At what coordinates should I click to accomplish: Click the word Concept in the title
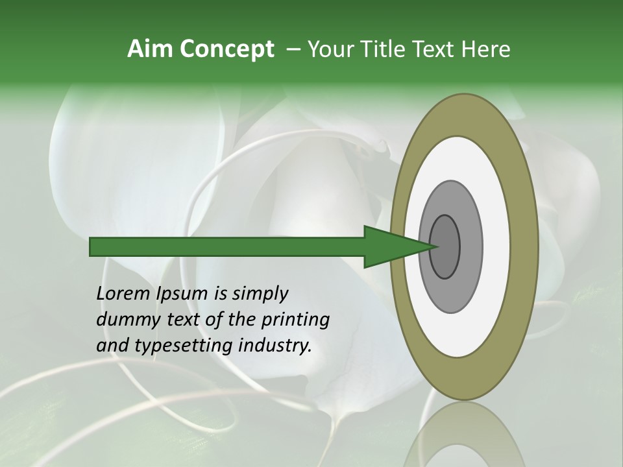(x=226, y=49)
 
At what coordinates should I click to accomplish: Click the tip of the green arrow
(x=435, y=246)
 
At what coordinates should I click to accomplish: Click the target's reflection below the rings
(x=464, y=435)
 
